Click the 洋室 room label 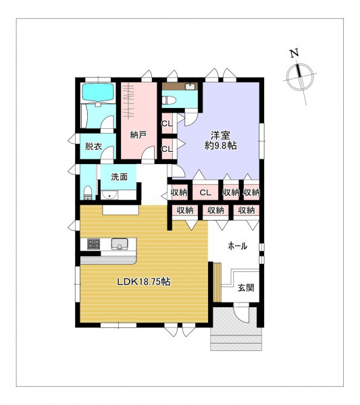220,136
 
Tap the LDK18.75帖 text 144,281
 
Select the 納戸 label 138,134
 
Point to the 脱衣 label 94,146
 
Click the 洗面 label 120,177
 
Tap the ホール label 238,246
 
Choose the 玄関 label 246,288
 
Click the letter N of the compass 294,53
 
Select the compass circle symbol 300,76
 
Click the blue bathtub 98,92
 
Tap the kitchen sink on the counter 119,244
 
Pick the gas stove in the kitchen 94,244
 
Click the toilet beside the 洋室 169,100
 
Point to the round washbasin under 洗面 109,195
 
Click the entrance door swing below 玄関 242,313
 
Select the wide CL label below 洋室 206,192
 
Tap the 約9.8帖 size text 221,146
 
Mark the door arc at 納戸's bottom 148,153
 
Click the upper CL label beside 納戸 167,124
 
